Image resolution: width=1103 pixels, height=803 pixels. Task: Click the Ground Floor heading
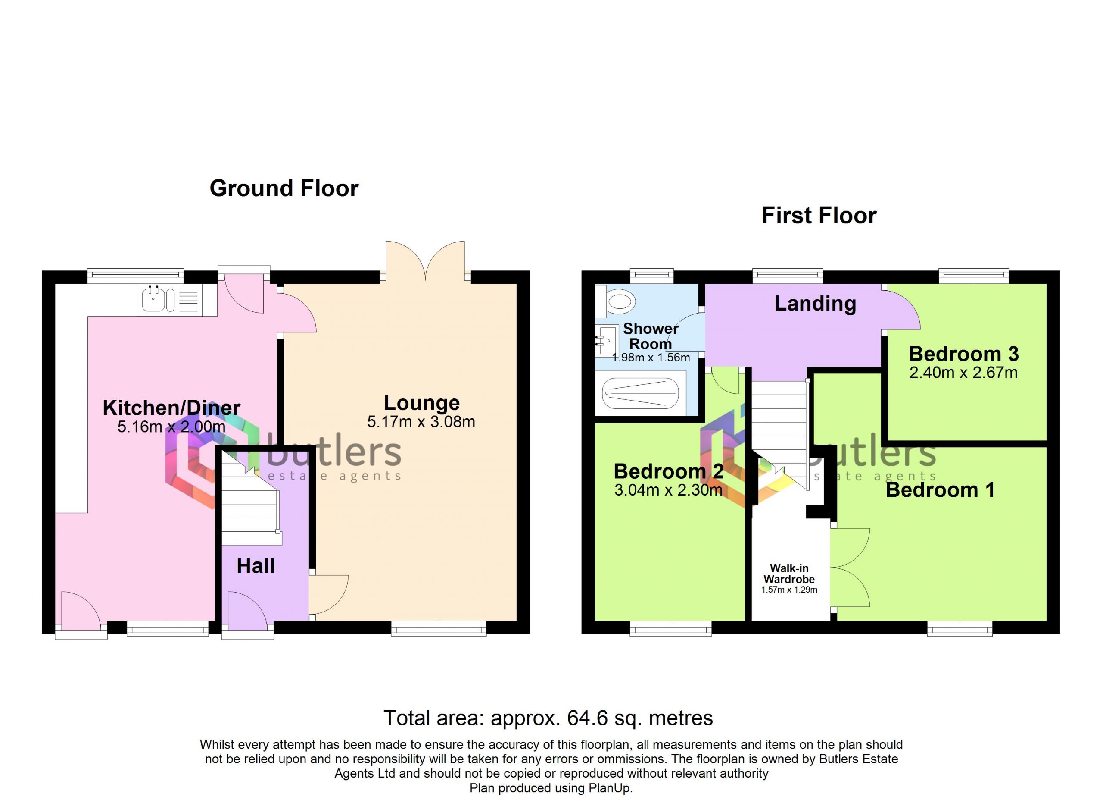(x=284, y=188)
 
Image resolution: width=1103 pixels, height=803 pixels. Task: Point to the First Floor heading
(x=819, y=216)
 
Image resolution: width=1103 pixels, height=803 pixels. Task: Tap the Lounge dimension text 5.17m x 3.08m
(x=421, y=421)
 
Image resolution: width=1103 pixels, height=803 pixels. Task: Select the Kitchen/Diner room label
(x=171, y=408)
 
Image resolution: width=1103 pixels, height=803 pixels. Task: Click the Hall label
(x=256, y=565)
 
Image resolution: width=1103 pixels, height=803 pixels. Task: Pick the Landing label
(x=815, y=303)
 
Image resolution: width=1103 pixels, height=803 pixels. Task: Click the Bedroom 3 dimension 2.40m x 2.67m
(x=963, y=373)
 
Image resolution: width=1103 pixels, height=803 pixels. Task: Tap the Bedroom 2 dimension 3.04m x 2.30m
(x=668, y=490)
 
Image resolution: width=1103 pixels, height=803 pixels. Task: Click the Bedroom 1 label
(x=940, y=489)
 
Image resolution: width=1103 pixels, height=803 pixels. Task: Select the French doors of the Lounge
(x=426, y=261)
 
